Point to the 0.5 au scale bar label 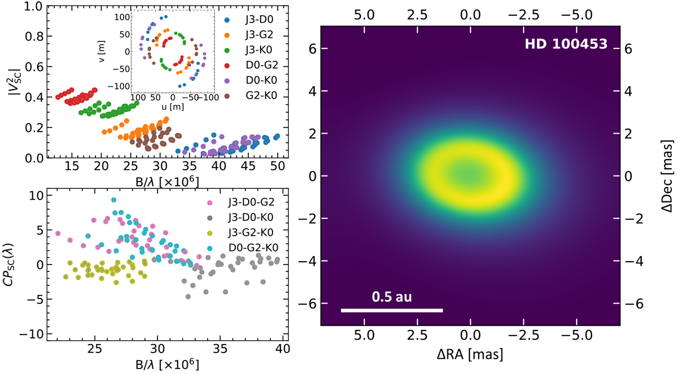click(x=392, y=297)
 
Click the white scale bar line click(x=392, y=310)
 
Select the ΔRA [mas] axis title click(x=470, y=355)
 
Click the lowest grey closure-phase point click(x=188, y=296)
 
